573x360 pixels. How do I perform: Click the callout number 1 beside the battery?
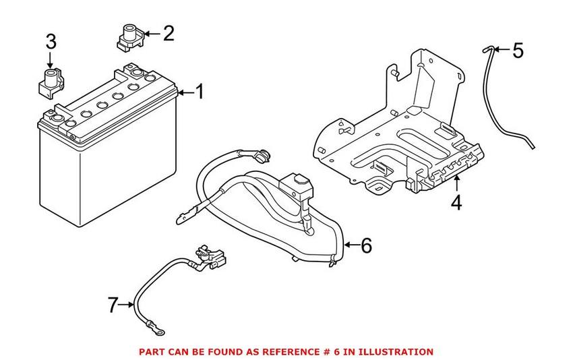pyautogui.click(x=200, y=91)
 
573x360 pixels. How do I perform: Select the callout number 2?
pyautogui.click(x=168, y=32)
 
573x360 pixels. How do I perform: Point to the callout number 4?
pyautogui.click(x=456, y=202)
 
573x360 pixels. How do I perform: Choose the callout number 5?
pyautogui.click(x=517, y=51)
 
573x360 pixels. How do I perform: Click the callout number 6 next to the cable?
pyautogui.click(x=366, y=245)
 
